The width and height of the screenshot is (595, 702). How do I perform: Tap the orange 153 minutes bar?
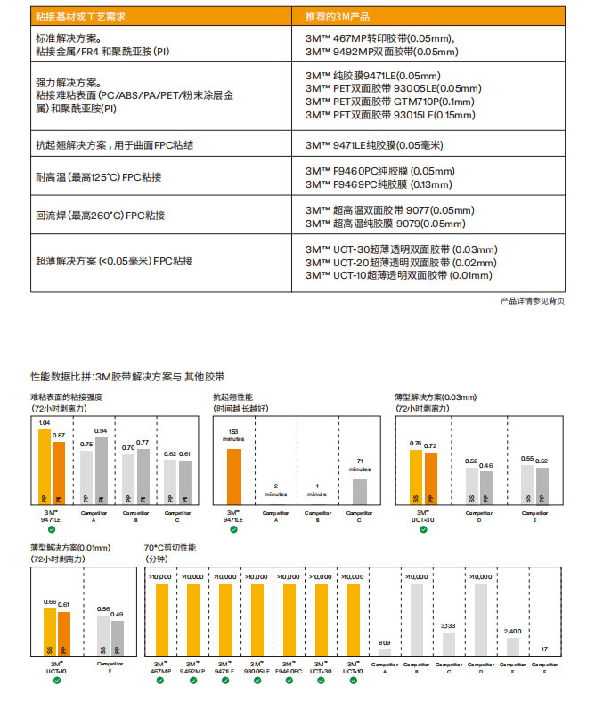click(234, 476)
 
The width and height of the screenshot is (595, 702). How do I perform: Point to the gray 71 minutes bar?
click(359, 492)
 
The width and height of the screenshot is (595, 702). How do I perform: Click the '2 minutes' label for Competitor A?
click(276, 489)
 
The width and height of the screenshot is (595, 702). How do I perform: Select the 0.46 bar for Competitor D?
click(485, 487)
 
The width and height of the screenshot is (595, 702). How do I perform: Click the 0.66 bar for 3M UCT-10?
click(50, 633)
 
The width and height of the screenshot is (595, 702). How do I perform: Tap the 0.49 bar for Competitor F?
click(117, 638)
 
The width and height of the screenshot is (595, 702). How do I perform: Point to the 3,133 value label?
click(448, 625)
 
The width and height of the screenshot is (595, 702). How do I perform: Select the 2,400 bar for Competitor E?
click(512, 648)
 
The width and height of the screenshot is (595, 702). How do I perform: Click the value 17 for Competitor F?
click(544, 649)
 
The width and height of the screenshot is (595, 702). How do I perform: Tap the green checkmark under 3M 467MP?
click(161, 680)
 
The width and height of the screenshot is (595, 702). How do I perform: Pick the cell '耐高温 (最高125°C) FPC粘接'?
click(99, 176)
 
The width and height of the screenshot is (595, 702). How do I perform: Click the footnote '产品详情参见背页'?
click(533, 301)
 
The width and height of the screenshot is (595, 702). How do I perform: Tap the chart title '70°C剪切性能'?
click(170, 547)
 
